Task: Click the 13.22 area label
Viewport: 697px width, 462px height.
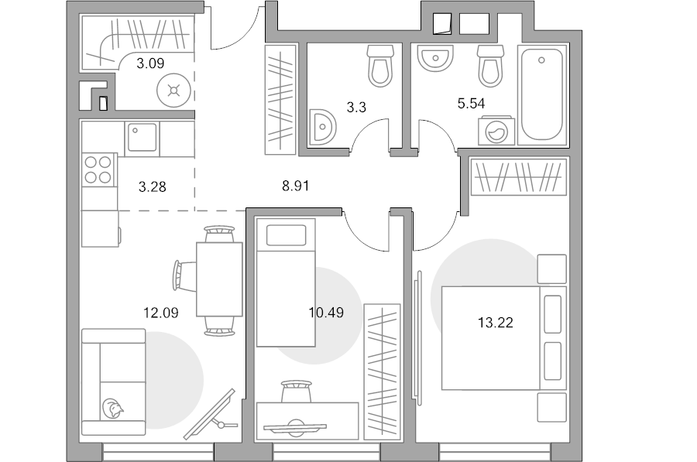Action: [x=495, y=322]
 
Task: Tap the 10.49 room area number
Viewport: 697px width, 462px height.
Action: [x=326, y=313]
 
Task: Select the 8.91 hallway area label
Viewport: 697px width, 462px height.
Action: [x=296, y=186]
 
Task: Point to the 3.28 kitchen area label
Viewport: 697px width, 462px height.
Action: [x=153, y=187]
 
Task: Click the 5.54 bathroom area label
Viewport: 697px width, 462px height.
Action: [x=471, y=104]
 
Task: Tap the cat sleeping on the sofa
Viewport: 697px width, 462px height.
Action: [x=112, y=409]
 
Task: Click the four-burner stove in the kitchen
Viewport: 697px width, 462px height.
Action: [x=98, y=169]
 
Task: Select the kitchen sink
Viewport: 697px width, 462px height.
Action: [x=142, y=137]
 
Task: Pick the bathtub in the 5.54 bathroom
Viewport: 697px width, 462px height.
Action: [x=542, y=94]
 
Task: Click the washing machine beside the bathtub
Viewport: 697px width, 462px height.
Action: [x=496, y=131]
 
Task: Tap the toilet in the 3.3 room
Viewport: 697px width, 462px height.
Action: [x=380, y=66]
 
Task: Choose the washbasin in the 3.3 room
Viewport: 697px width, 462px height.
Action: [x=323, y=127]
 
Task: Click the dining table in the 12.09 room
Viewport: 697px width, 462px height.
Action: [x=220, y=279]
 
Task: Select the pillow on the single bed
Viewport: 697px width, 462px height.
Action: [x=287, y=235]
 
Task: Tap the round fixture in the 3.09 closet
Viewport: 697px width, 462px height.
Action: [x=173, y=91]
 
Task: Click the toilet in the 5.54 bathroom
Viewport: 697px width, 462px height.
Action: [x=491, y=66]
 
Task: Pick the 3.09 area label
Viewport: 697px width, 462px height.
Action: [x=150, y=63]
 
